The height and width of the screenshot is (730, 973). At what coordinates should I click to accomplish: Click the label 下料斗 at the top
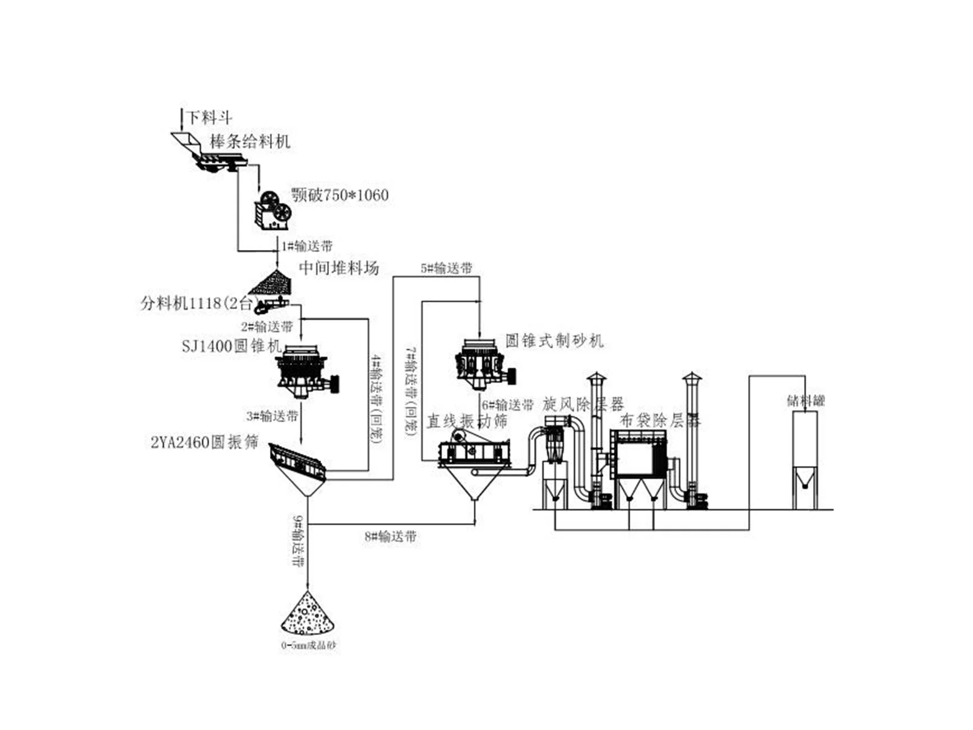pos(209,117)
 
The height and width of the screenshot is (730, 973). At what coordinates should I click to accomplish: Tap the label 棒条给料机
pos(250,142)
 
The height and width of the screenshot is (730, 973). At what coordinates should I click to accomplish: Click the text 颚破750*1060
pos(339,195)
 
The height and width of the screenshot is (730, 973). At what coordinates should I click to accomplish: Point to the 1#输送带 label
pos(306,246)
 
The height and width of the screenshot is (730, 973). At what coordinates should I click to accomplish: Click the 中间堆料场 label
pos(339,268)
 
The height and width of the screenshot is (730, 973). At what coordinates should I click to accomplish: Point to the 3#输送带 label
pos(272,416)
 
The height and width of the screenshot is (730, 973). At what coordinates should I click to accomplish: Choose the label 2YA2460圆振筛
pos(204,442)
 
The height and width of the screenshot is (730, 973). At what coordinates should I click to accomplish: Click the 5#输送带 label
pos(446,268)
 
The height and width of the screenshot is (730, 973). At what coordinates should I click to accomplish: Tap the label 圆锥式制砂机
pos(554,340)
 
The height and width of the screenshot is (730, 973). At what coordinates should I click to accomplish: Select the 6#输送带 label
pos(508,405)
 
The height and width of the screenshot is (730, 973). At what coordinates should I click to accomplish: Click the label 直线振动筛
pos(466,421)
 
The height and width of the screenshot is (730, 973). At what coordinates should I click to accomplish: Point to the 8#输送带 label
pos(390,537)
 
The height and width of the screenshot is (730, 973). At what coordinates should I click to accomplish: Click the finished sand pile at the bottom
pos(308,616)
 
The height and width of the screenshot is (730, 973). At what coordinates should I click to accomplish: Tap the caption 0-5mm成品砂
pos(308,645)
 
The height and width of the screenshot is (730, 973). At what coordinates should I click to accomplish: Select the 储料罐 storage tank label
pos(805,400)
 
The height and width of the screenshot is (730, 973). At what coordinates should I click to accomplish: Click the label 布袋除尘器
pos(660,420)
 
